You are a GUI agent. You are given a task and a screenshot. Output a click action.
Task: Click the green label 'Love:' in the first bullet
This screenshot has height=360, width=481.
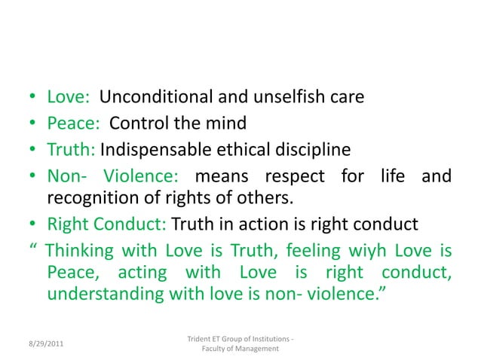pos(69,97)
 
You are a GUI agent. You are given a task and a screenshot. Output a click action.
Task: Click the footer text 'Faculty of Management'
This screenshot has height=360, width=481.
pos(240,349)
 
